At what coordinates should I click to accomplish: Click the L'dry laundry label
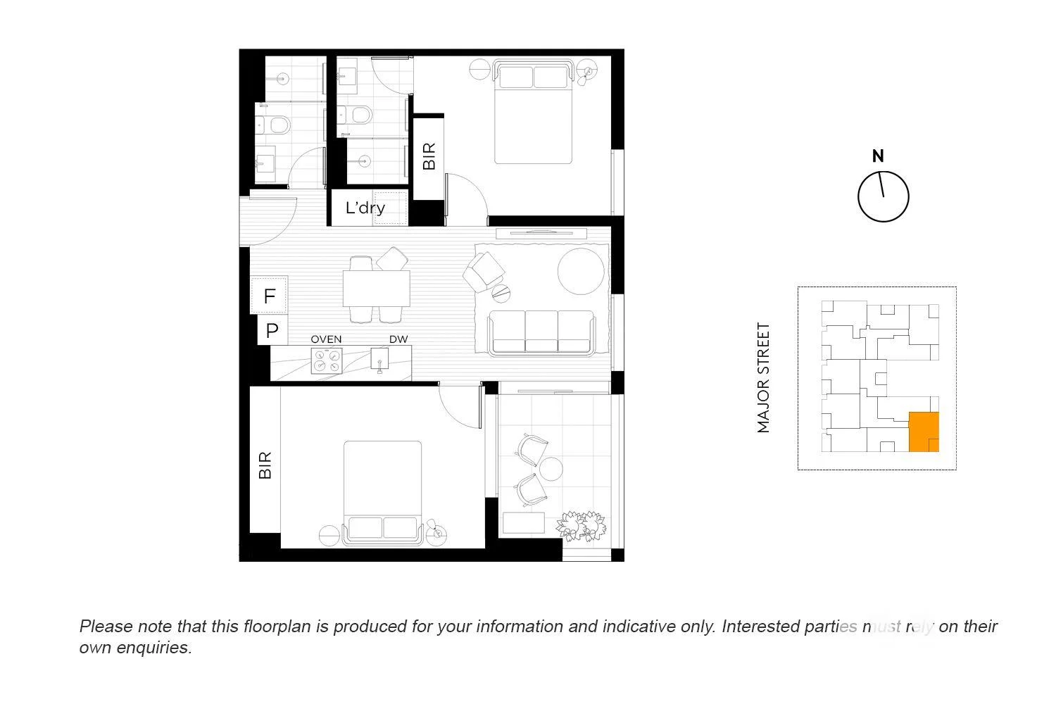(365, 208)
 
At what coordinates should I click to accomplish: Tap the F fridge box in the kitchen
(270, 296)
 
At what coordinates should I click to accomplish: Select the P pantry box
(272, 330)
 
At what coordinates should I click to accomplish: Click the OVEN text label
(326, 339)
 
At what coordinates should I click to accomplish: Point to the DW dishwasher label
(398, 339)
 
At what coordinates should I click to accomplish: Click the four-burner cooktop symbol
(327, 360)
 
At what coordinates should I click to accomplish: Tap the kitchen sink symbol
(380, 360)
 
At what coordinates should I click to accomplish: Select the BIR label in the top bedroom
(429, 156)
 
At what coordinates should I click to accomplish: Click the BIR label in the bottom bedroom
(265, 465)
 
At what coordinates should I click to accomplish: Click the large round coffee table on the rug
(581, 270)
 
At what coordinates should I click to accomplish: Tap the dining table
(377, 288)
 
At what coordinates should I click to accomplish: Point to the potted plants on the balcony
(581, 525)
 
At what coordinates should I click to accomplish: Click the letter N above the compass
(878, 156)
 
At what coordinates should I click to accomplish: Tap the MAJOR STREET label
(764, 377)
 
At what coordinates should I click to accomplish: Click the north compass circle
(883, 196)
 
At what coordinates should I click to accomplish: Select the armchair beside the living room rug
(484, 271)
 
